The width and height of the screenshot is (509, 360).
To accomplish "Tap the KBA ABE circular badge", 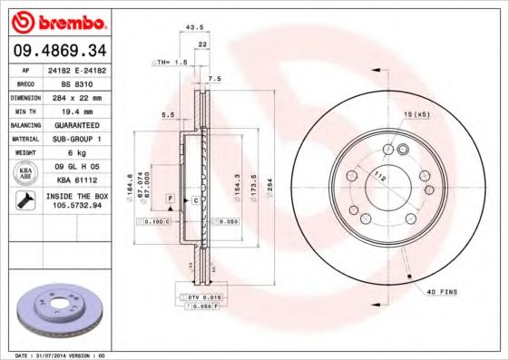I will coord(26,173).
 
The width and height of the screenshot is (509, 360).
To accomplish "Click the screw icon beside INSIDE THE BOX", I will coord(25,200).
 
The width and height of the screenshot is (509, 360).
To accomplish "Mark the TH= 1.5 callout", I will coord(170,63).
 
